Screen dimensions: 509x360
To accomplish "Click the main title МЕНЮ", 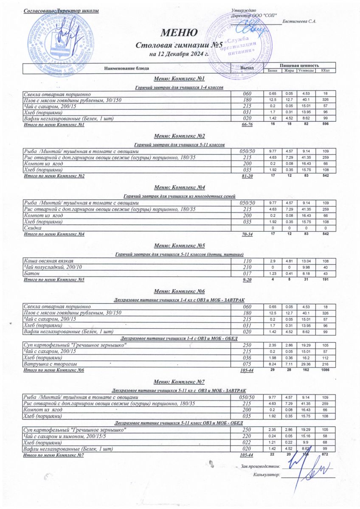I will tap(179, 33).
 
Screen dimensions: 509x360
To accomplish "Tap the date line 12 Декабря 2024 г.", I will tap(179, 54).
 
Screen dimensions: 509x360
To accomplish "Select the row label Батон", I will tap(31, 274).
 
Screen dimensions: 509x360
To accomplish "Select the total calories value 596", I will tap(325, 125).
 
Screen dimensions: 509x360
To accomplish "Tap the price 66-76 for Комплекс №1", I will tap(247, 125).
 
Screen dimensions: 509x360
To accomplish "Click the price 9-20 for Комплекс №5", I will tap(247, 280).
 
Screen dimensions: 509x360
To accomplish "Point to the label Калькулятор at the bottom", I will tap(266, 475).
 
